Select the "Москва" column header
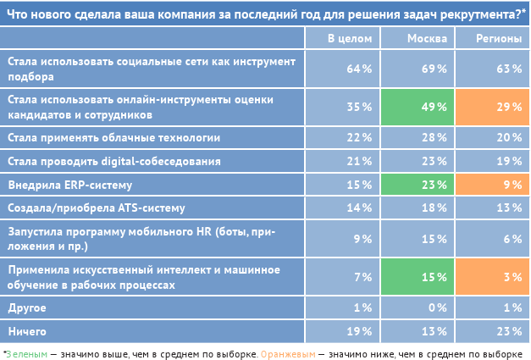click(x=422, y=39)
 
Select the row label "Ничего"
click(x=26, y=331)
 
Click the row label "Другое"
click(x=27, y=307)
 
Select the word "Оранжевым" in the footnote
click(x=286, y=352)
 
